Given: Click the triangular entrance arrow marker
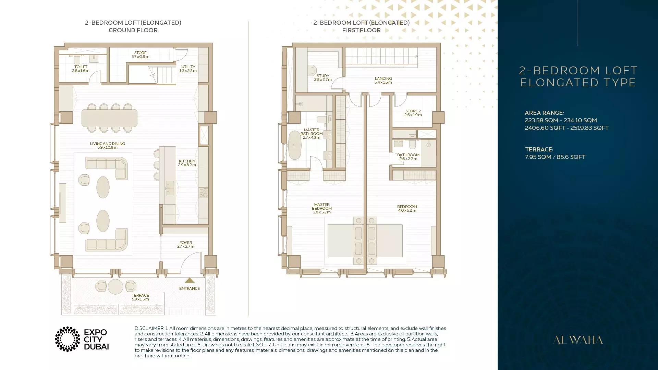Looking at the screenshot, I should click(x=190, y=280).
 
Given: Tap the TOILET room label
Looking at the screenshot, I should click(x=81, y=69).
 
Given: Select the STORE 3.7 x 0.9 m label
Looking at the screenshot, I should click(x=141, y=55).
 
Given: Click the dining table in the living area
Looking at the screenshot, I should click(x=109, y=118).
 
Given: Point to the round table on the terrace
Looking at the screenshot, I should click(x=115, y=286).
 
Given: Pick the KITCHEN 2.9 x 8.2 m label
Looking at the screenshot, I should click(x=187, y=163).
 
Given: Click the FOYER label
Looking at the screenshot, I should click(x=186, y=244).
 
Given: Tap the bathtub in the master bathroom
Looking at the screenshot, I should click(x=294, y=145).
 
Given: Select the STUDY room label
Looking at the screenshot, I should click(x=323, y=77).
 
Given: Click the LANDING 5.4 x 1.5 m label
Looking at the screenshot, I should click(x=383, y=80).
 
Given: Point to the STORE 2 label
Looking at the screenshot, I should click(x=413, y=113).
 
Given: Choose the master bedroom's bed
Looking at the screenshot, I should click(x=341, y=241).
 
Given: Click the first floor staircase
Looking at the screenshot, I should click(x=381, y=56).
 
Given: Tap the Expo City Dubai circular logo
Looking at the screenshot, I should click(x=68, y=339).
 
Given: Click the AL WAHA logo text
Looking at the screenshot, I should click(x=578, y=340).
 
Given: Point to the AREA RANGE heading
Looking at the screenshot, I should click(x=544, y=113).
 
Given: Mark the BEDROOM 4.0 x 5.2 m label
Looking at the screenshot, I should click(x=407, y=208).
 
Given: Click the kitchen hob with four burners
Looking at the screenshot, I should click(x=204, y=193).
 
